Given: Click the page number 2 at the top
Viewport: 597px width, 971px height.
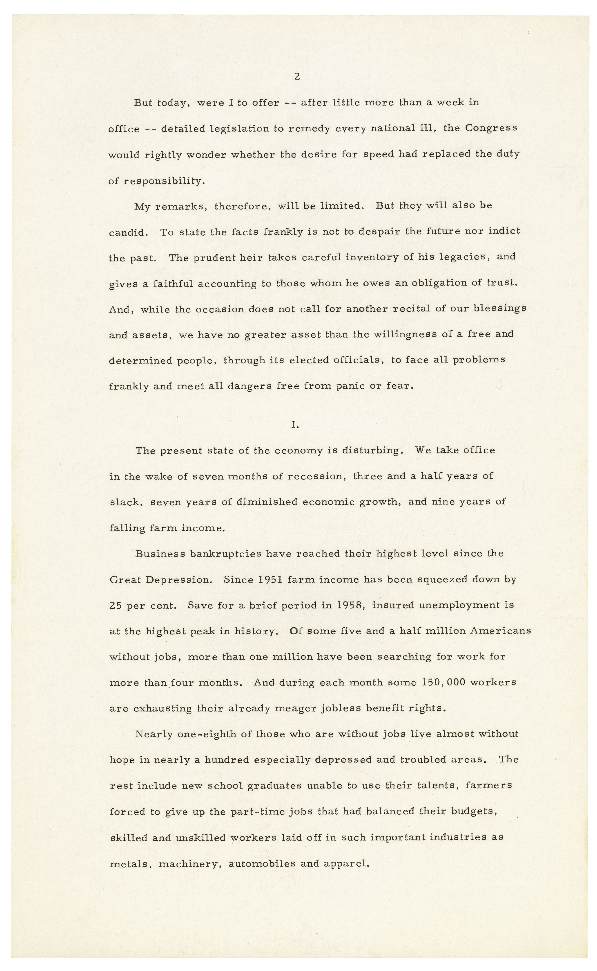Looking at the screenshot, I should pos(297,77).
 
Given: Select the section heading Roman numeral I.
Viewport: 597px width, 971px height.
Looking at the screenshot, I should pos(294,425).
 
